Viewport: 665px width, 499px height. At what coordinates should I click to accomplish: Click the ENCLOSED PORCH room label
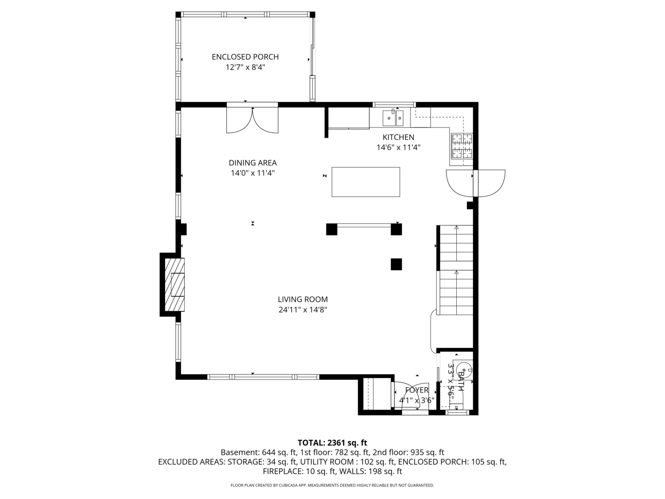245,57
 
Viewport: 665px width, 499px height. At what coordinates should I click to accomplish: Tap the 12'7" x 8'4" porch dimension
245,67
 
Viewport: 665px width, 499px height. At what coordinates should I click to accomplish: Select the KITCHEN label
398,137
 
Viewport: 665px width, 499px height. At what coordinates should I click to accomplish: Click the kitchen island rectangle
366,182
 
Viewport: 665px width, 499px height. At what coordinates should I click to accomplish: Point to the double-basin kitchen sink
393,118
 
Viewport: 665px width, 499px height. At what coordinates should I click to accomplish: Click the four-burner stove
462,146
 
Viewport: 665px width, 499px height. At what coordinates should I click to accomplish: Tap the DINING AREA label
253,163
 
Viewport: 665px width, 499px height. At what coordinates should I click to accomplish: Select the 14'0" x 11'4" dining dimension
253,173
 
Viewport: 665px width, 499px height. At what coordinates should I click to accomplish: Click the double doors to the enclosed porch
252,120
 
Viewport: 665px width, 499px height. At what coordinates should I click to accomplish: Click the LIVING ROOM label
302,299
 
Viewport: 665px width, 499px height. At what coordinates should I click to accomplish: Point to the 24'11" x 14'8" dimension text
302,310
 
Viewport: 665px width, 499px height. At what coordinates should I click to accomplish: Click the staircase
456,270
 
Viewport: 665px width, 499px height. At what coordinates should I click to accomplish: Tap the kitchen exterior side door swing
476,183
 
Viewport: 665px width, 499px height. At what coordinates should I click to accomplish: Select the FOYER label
417,390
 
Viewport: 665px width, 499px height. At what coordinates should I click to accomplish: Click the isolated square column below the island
396,264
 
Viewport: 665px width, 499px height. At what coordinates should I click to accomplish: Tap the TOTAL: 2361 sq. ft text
332,443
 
